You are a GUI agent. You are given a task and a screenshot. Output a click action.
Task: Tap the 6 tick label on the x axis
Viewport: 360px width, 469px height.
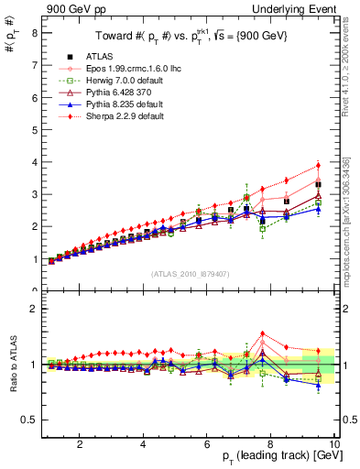[x=206, y=445]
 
